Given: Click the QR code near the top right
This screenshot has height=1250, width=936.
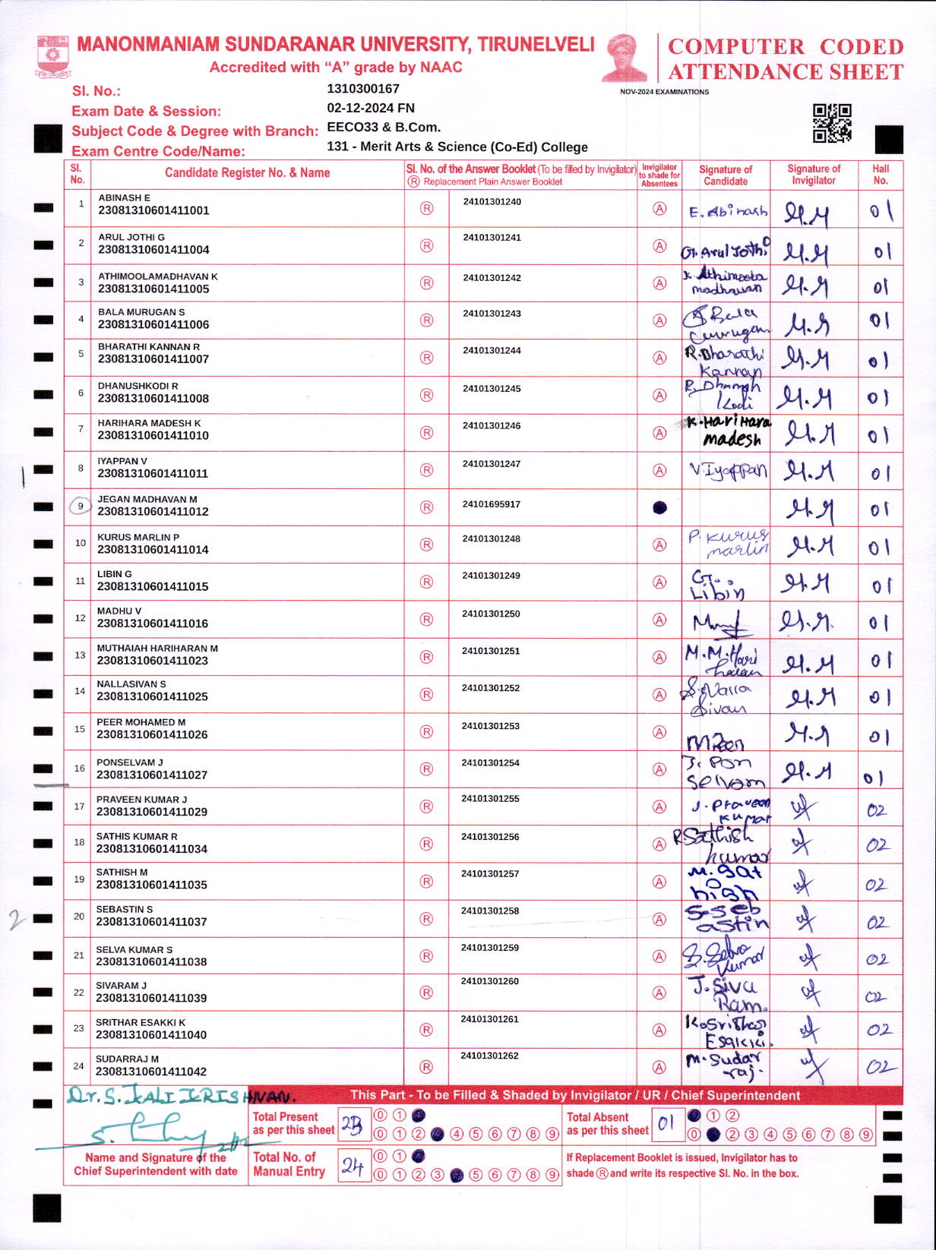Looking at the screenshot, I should (x=832, y=123).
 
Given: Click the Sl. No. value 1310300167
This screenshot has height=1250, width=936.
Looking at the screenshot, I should (x=363, y=89).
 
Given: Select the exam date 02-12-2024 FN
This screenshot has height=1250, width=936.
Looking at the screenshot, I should (x=371, y=108).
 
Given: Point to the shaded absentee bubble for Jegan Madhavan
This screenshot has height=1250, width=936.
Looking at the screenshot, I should (x=659, y=507).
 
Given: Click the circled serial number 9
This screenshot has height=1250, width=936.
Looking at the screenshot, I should (x=80, y=506).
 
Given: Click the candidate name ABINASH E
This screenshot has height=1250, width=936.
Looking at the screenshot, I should (x=124, y=197).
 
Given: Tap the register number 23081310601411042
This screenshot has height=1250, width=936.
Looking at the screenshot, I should (x=151, y=1072).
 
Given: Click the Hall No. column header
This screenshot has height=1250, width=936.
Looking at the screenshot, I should (x=881, y=175).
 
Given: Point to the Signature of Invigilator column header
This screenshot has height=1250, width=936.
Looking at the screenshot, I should (x=814, y=175).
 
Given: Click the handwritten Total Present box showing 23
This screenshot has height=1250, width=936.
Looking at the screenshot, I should (x=353, y=1125).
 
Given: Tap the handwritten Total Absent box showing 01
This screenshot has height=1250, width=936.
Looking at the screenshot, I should (x=666, y=1124).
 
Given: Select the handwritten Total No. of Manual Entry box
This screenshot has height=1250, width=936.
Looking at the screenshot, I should (x=353, y=1166).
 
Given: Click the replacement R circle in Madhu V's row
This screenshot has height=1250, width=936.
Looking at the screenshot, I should (x=427, y=620).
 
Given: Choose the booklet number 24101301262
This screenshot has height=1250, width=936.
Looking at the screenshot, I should (x=489, y=1055).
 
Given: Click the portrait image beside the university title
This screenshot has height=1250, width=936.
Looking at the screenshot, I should (x=624, y=57).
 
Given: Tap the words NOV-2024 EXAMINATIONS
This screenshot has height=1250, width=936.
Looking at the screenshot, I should (x=664, y=92).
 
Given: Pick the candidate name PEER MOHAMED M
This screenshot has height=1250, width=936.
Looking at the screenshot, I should (x=141, y=722).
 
